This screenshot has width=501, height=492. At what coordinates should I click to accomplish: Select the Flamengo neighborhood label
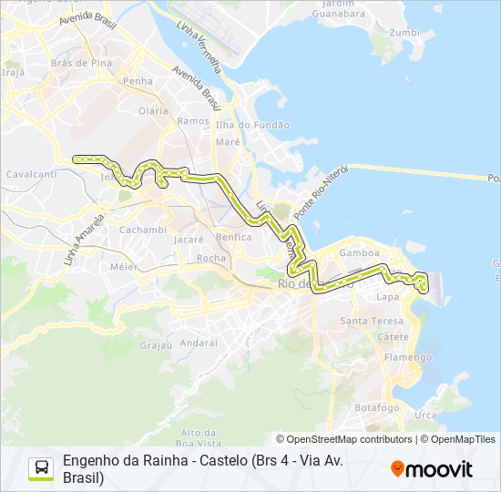pyautogui.click(x=407, y=357)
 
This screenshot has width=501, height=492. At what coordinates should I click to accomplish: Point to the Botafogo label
pyautogui.click(x=377, y=407)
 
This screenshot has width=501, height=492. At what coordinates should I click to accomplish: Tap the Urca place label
pyautogui.click(x=424, y=415)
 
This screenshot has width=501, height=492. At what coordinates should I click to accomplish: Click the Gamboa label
pyautogui.click(x=358, y=252)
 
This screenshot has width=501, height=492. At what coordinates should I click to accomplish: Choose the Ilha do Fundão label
pyautogui.click(x=252, y=125)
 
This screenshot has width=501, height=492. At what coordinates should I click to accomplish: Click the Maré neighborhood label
pyautogui.click(x=227, y=141)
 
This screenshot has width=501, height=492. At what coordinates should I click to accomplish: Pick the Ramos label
pyautogui.click(x=193, y=120)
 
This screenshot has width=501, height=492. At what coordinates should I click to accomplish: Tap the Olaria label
pyautogui.click(x=153, y=110)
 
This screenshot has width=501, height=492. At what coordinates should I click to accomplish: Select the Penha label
pyautogui.click(x=138, y=81)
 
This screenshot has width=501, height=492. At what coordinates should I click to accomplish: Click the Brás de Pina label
pyautogui.click(x=82, y=63)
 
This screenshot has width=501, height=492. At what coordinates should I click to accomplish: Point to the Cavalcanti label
pyautogui.click(x=31, y=173)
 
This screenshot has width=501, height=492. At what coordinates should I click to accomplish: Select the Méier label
pyautogui.click(x=123, y=267)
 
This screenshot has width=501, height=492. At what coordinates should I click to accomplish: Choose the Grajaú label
pyautogui.click(x=156, y=345)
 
